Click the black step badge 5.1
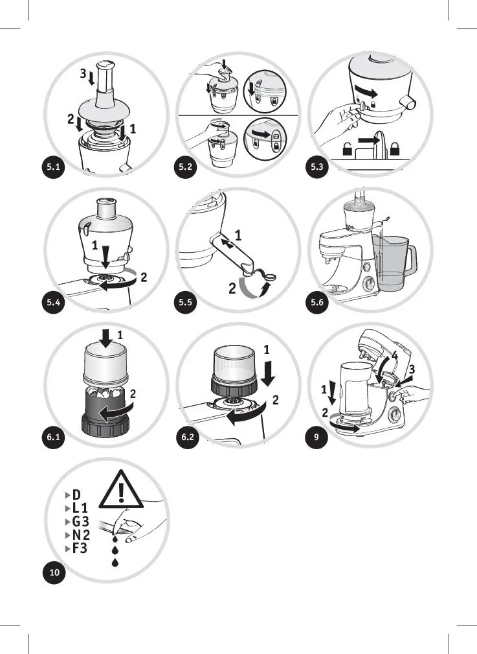tap(54, 167)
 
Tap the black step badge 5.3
tap(317, 167)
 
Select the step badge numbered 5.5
tap(185, 301)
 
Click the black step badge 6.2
tap(188, 437)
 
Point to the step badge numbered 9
tap(316, 437)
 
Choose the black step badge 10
tap(54, 572)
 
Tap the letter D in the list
tap(76, 495)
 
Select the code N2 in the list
tap(81, 535)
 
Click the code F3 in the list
tap(80, 548)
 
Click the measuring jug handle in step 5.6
tap(411, 259)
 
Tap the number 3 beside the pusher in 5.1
tap(83, 73)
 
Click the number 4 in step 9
tap(395, 356)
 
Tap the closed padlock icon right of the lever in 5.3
tap(395, 148)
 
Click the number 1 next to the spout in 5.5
tap(238, 236)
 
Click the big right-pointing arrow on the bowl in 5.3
tap(366, 92)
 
